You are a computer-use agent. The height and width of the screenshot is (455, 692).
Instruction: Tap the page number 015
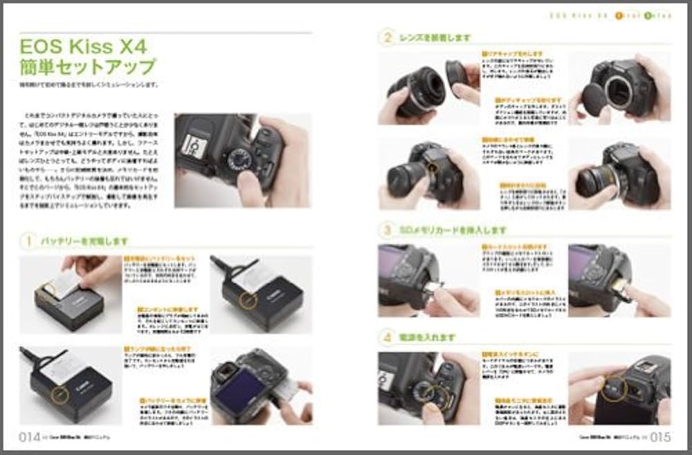pyautogui.click(x=660, y=436)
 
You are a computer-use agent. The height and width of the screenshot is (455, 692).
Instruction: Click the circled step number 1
pyautogui.click(x=29, y=241)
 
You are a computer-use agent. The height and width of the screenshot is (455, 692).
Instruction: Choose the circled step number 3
pyautogui.click(x=388, y=230)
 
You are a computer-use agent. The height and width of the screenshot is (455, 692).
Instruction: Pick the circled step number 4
pyautogui.click(x=388, y=337)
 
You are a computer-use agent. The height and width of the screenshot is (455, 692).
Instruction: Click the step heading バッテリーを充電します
pyautogui.click(x=84, y=241)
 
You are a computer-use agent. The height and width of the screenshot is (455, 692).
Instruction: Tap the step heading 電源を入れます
pyautogui.click(x=428, y=337)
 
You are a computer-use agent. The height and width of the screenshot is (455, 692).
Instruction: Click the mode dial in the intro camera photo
pyautogui.click(x=239, y=160)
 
